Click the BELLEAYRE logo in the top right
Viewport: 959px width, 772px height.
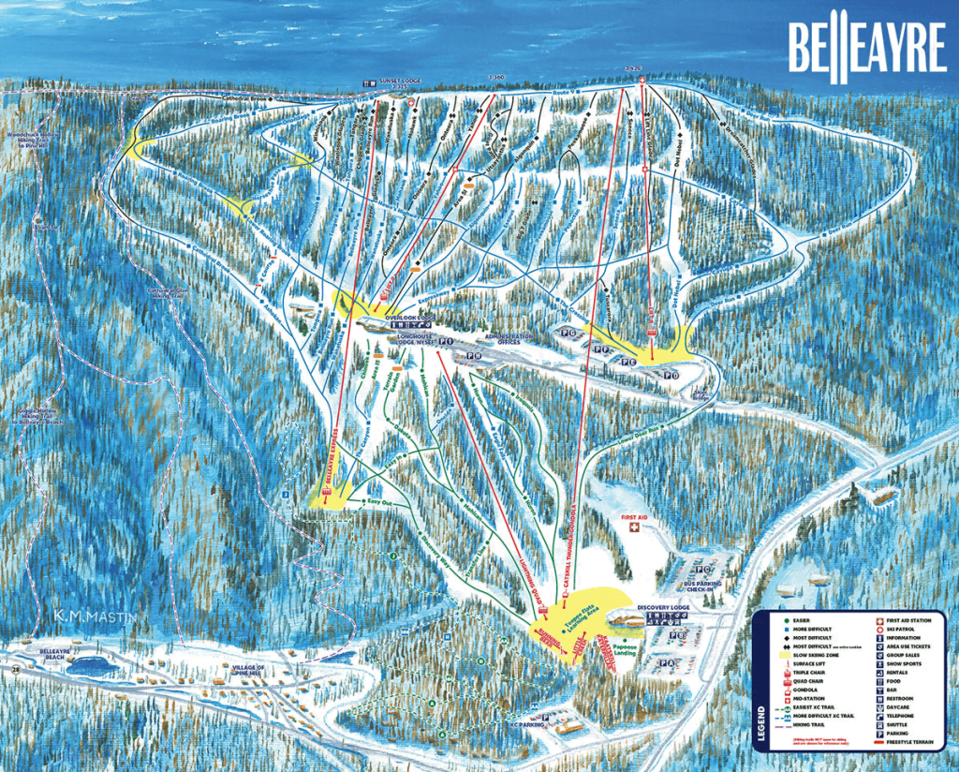(x=865, y=48)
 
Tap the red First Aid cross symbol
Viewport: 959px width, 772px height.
(x=631, y=529)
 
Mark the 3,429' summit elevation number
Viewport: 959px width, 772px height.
(x=638, y=71)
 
